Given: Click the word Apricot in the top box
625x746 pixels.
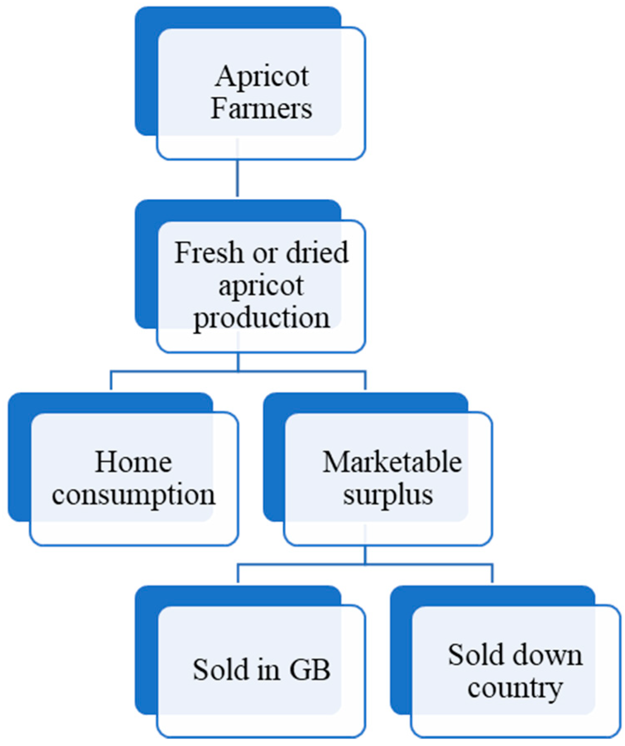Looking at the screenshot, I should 261,77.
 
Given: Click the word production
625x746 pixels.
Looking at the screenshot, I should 261,319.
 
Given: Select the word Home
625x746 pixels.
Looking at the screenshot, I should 133,462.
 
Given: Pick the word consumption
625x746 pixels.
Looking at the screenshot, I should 133,495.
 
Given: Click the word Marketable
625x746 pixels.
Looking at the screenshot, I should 392,462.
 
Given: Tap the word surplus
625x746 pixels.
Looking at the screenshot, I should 388,495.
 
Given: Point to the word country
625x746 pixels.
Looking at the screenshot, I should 515,688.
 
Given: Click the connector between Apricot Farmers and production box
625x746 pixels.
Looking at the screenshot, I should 237,178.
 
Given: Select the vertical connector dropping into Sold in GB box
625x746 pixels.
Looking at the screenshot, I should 238,573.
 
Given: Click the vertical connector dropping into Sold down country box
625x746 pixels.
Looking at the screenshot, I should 492,573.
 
